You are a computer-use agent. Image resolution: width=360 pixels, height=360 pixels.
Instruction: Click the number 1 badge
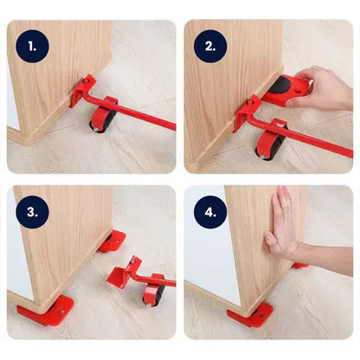point(33,45)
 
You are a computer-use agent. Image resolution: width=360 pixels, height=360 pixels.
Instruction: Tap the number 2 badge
point(210,45)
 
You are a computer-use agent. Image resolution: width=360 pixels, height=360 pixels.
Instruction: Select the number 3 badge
point(33,210)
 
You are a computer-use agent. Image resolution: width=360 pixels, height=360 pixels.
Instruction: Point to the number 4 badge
point(210,210)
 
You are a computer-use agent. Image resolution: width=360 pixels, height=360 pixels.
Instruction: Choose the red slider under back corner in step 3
point(112,241)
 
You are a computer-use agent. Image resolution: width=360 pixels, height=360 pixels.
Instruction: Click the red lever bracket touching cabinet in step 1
point(83,89)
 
